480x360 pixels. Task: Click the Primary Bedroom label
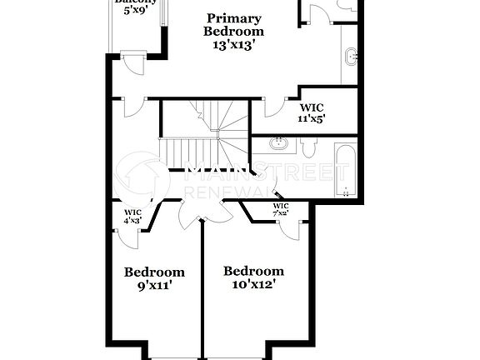tap(233, 25)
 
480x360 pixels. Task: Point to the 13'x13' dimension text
tap(233, 45)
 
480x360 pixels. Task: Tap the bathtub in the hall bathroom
tap(346, 170)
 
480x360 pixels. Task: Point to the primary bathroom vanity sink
tap(351, 57)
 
